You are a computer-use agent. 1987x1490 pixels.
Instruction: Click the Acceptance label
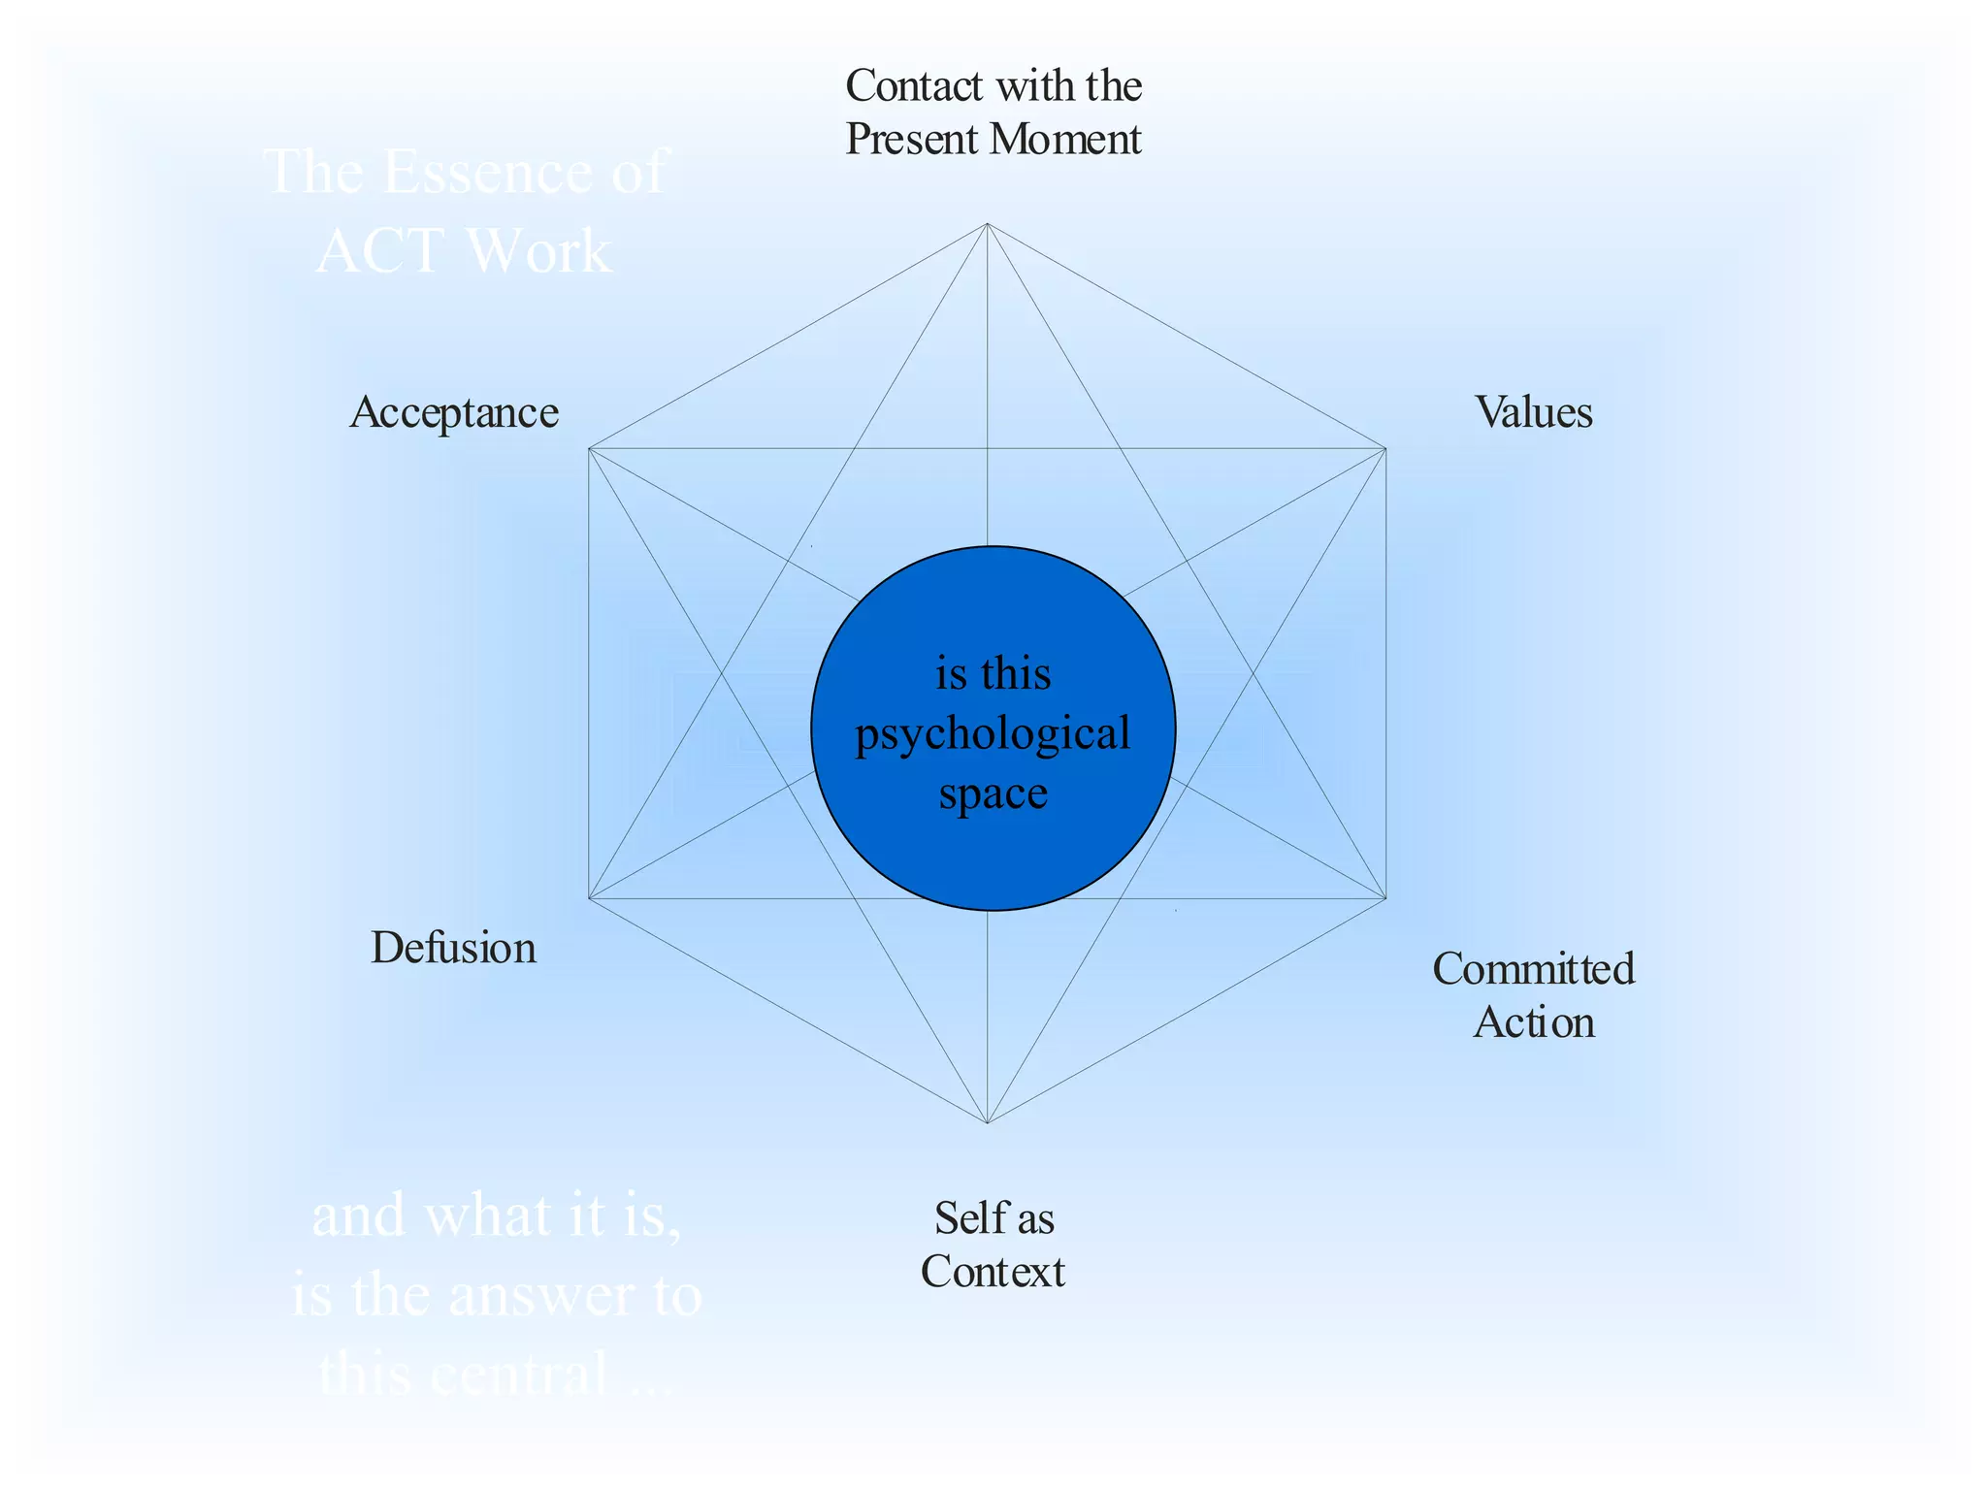(454, 413)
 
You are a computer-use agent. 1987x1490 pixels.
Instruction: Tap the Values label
(1534, 413)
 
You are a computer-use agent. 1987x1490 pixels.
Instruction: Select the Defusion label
(453, 949)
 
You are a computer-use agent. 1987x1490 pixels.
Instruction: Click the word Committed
(1534, 969)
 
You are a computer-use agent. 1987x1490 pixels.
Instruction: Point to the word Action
(1534, 1023)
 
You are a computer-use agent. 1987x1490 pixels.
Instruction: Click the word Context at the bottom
(993, 1273)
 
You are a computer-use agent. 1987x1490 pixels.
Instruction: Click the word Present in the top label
(912, 140)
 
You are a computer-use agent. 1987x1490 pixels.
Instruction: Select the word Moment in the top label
(1066, 140)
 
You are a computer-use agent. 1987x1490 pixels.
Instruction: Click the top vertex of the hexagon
(987, 224)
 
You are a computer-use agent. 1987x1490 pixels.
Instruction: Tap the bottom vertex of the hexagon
(987, 1123)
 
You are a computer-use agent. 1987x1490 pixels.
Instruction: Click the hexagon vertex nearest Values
(1385, 449)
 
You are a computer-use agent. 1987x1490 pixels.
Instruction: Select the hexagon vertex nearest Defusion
(589, 898)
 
